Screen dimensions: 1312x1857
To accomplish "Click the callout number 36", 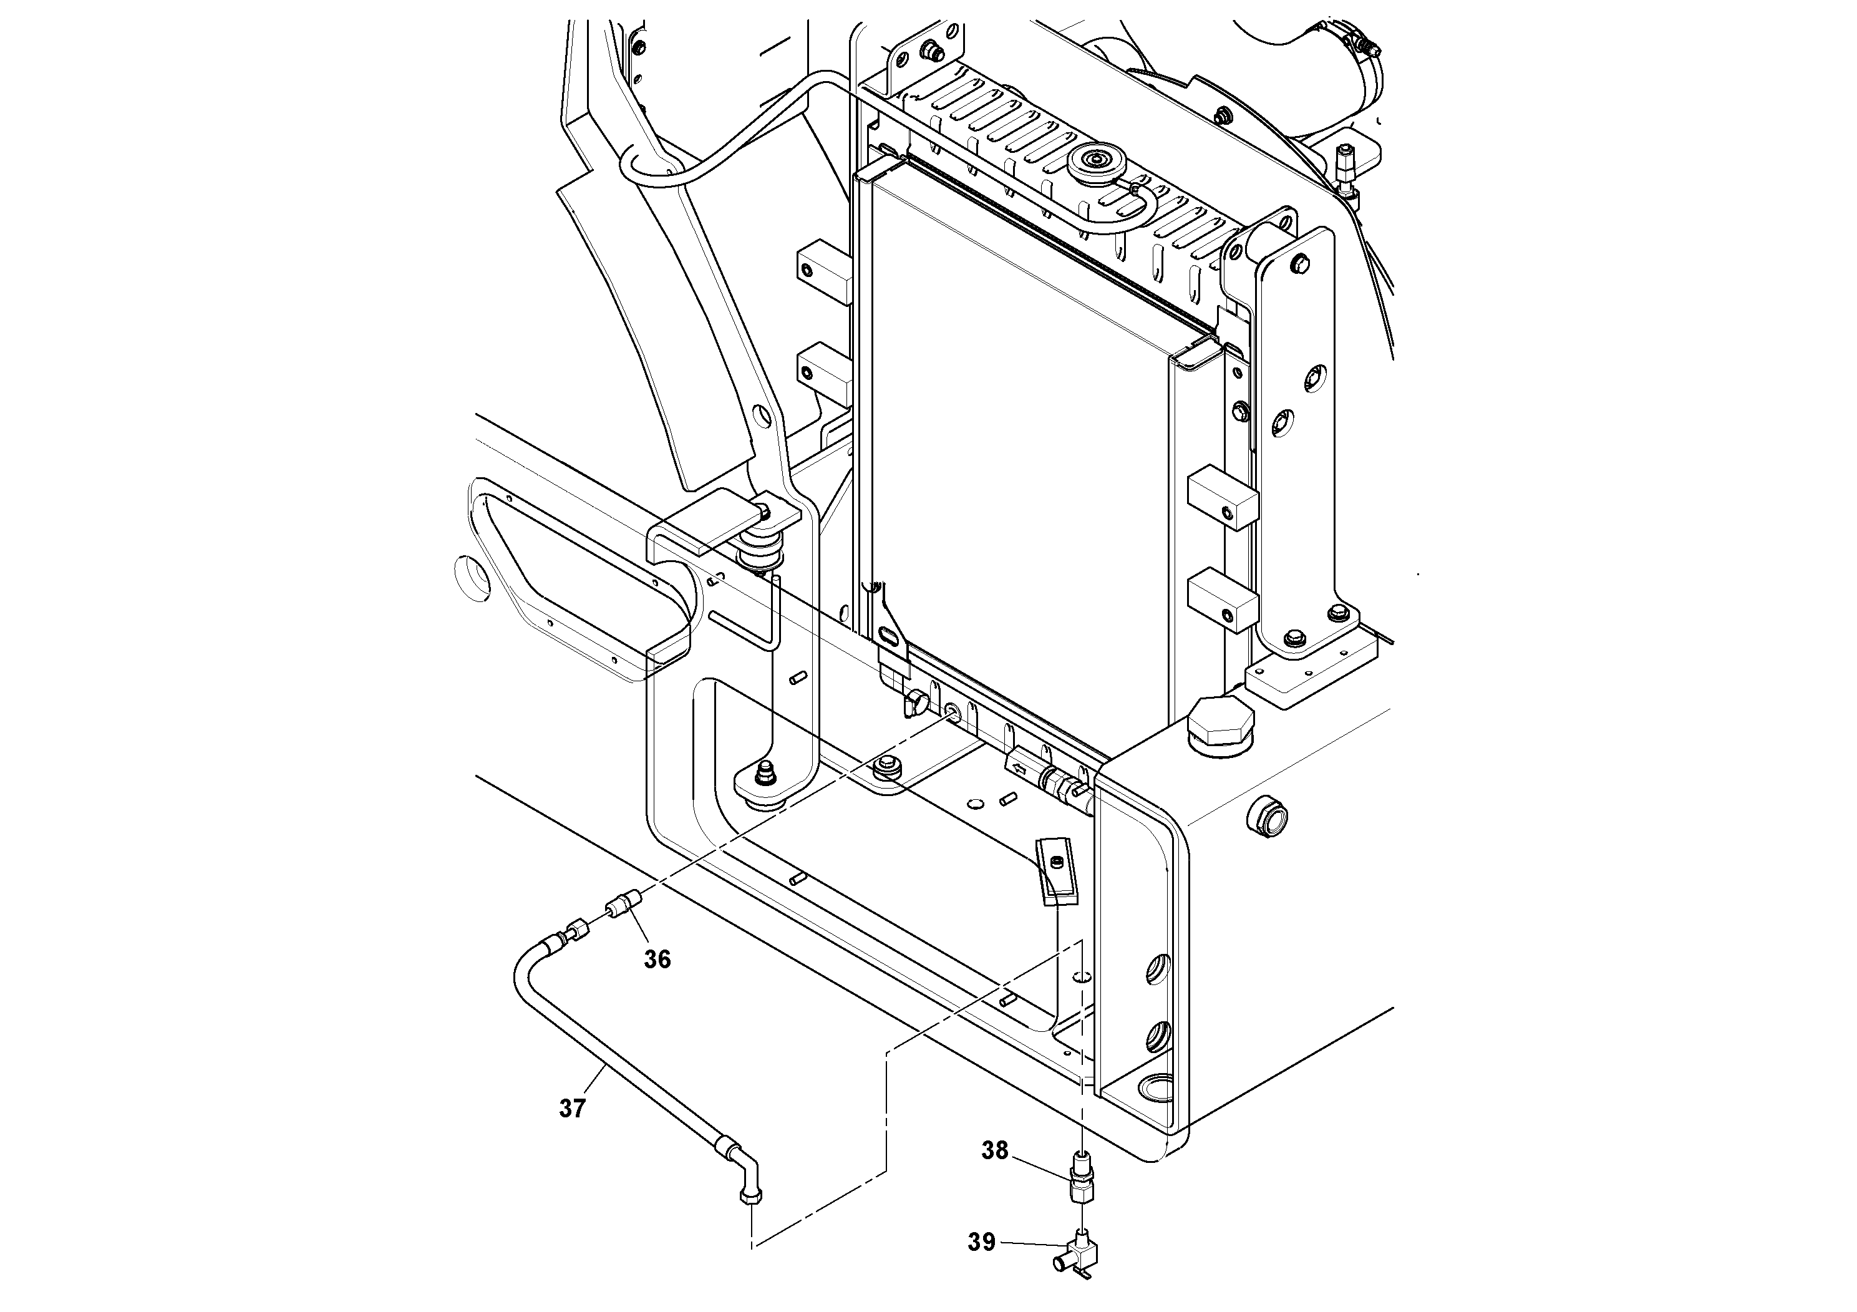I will point(657,960).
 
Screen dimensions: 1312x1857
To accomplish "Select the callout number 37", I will point(572,1108).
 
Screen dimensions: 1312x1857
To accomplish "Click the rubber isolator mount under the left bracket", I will point(763,556).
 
